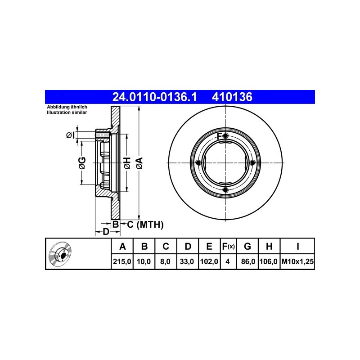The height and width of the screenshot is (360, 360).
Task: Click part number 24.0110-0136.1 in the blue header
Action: [154, 97]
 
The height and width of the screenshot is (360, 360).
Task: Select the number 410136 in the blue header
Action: [232, 97]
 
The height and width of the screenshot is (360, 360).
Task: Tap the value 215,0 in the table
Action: [122, 261]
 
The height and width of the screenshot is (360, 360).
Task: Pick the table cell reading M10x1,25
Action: [297, 261]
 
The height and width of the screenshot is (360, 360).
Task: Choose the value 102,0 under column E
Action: [209, 261]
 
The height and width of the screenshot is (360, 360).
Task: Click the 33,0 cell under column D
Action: [187, 261]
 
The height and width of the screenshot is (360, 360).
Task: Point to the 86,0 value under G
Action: [248, 261]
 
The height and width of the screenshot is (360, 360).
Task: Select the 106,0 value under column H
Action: [269, 261]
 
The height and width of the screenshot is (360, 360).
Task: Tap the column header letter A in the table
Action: [122, 247]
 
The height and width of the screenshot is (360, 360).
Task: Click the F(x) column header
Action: [229, 247]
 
